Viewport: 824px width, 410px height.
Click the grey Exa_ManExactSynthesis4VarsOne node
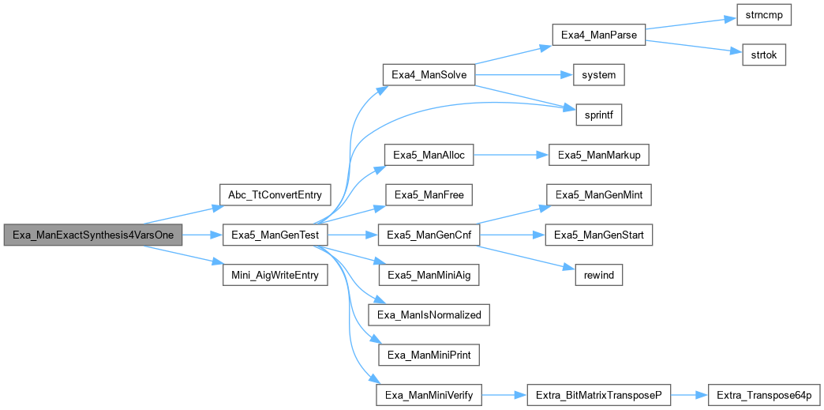93,235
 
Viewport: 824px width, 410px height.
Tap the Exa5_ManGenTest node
275,235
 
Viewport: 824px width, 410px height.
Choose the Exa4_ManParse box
598,36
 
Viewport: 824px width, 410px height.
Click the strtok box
763,55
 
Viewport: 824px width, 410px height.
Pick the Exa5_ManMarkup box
598,155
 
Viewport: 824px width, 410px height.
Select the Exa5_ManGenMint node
598,194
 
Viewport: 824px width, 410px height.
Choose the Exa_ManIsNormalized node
429,314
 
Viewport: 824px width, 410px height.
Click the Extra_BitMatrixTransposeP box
598,394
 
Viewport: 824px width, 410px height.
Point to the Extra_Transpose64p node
763,394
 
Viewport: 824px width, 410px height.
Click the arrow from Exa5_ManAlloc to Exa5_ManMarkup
510,155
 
